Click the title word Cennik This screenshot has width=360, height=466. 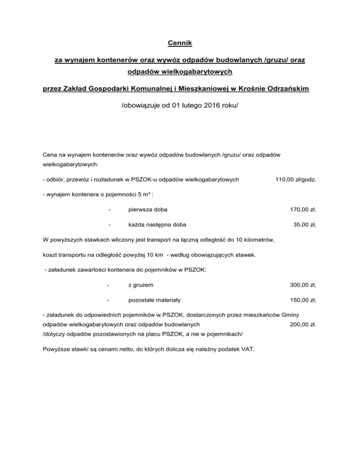(180, 44)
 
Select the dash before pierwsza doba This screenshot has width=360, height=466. (109, 210)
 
